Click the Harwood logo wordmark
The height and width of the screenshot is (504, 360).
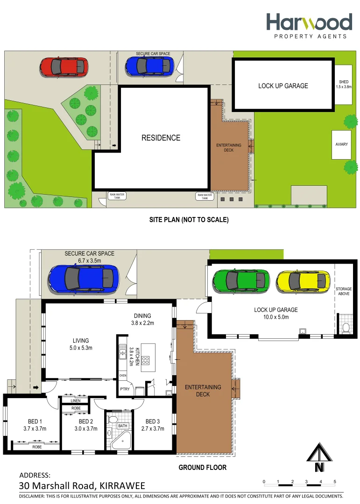(309, 22)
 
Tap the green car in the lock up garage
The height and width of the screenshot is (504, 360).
(241, 280)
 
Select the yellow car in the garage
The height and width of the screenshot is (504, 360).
(302, 281)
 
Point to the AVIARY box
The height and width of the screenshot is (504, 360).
(341, 145)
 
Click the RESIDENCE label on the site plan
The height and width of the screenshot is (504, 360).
(161, 138)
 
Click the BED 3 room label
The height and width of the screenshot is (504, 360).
(152, 425)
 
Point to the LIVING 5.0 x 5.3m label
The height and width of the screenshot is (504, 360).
(80, 344)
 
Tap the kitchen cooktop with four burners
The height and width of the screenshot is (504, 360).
(145, 360)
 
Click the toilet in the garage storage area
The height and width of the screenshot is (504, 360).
(346, 328)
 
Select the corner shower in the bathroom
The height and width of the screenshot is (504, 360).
(122, 440)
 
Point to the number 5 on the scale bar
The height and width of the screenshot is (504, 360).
(335, 482)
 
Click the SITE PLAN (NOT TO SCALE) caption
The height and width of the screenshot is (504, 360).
(189, 219)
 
